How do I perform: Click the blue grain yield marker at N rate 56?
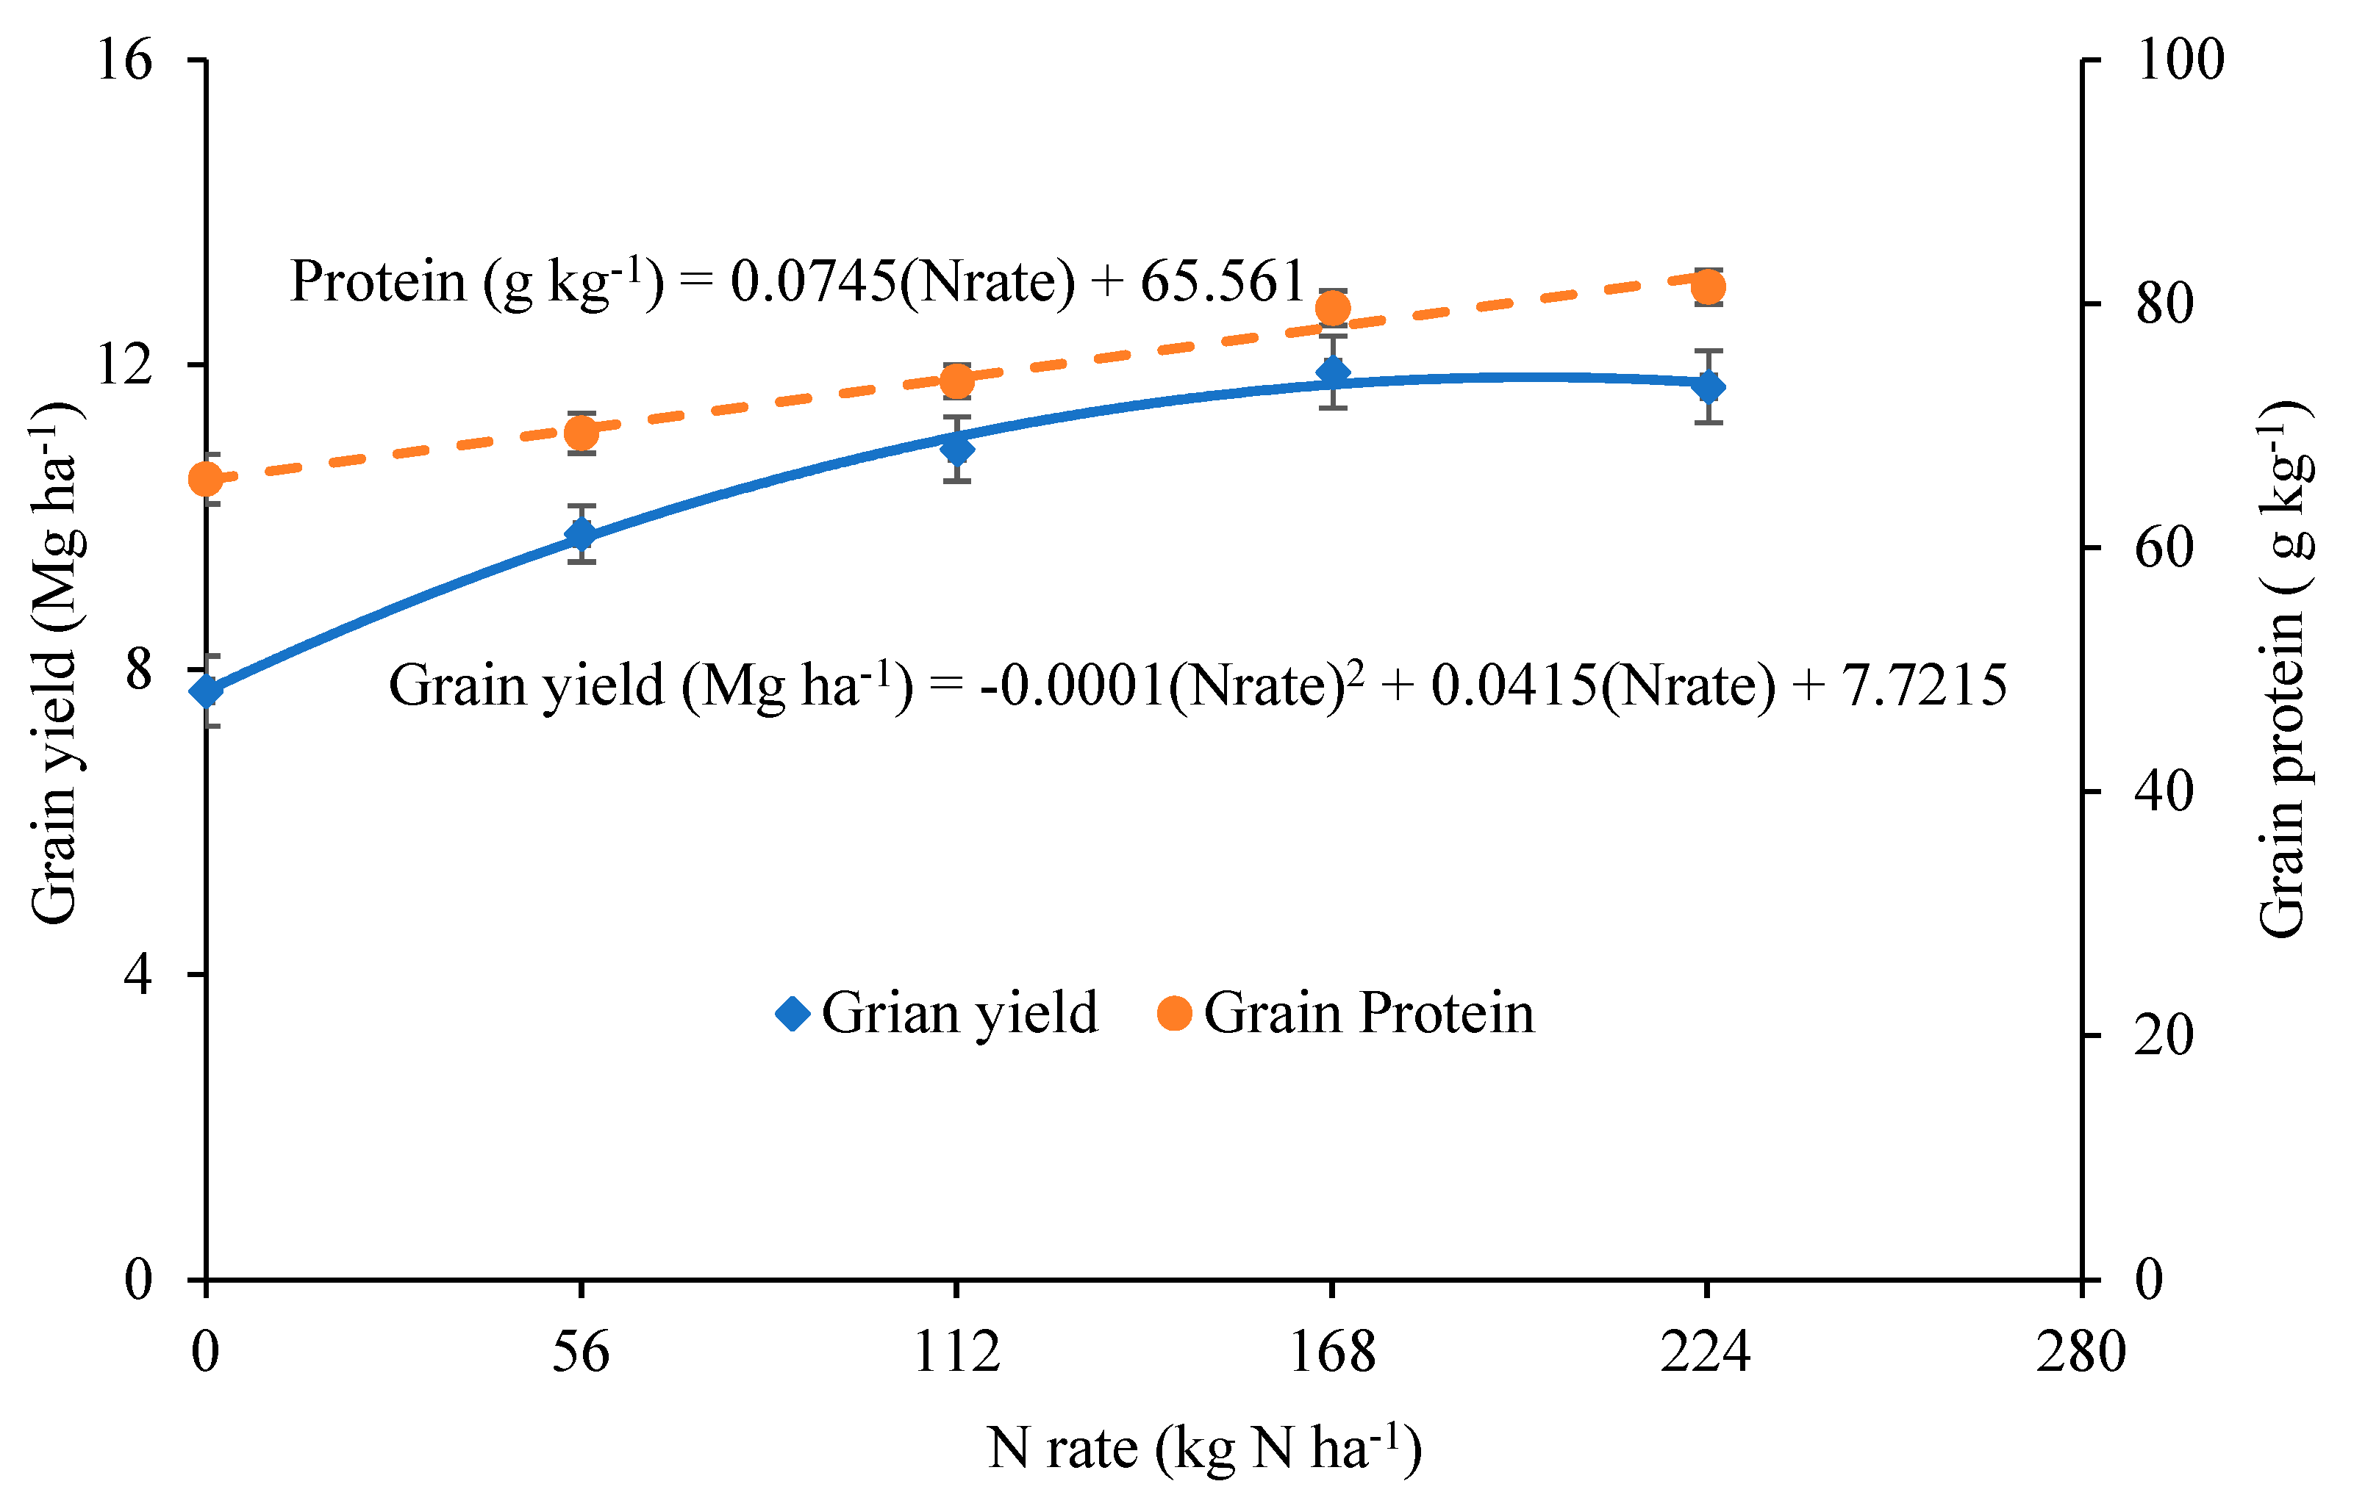[582, 535]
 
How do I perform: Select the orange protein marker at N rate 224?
[1708, 287]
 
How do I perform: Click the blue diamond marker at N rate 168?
[1332, 372]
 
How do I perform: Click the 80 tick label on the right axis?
[2164, 304]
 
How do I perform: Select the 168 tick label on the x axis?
[1331, 1353]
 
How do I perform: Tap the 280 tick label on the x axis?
[2081, 1353]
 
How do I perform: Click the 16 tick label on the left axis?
[125, 60]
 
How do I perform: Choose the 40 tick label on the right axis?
[2164, 791]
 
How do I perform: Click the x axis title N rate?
[1203, 1447]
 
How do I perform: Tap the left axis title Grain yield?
[57, 664]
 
